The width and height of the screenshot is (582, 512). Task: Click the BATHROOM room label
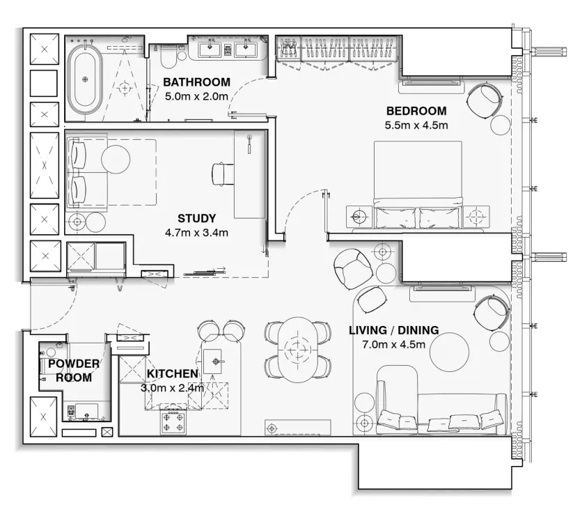click(196, 83)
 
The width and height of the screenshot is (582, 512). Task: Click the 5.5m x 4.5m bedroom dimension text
click(416, 126)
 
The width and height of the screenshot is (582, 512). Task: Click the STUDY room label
click(196, 218)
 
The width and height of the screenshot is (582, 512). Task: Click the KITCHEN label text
click(172, 374)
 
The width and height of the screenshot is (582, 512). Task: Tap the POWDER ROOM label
click(74, 371)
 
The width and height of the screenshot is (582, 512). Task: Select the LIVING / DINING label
click(393, 330)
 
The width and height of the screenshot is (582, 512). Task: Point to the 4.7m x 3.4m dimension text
click(196, 233)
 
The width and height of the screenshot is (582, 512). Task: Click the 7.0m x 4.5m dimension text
click(393, 345)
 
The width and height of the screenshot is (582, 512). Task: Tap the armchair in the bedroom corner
click(484, 100)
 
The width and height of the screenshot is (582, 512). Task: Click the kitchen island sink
click(217, 360)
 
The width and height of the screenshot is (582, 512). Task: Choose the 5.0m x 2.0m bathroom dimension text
click(196, 97)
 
